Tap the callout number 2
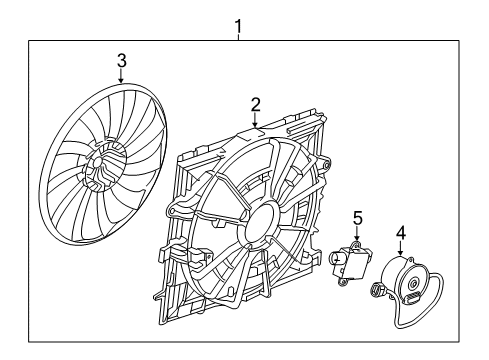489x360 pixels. pyautogui.click(x=255, y=103)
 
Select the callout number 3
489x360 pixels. pyautogui.click(x=122, y=61)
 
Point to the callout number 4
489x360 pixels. pyautogui.click(x=400, y=235)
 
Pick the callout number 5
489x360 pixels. pyautogui.click(x=357, y=216)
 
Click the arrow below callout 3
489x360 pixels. pyautogui.click(x=122, y=76)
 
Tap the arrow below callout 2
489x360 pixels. pyautogui.click(x=255, y=118)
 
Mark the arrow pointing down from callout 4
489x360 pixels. pyautogui.click(x=400, y=251)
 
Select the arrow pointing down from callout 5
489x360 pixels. pyautogui.click(x=357, y=233)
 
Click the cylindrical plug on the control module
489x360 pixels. pyautogui.click(x=337, y=264)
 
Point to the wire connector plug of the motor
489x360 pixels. pyautogui.click(x=379, y=291)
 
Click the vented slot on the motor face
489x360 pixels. pyautogui.click(x=414, y=275)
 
